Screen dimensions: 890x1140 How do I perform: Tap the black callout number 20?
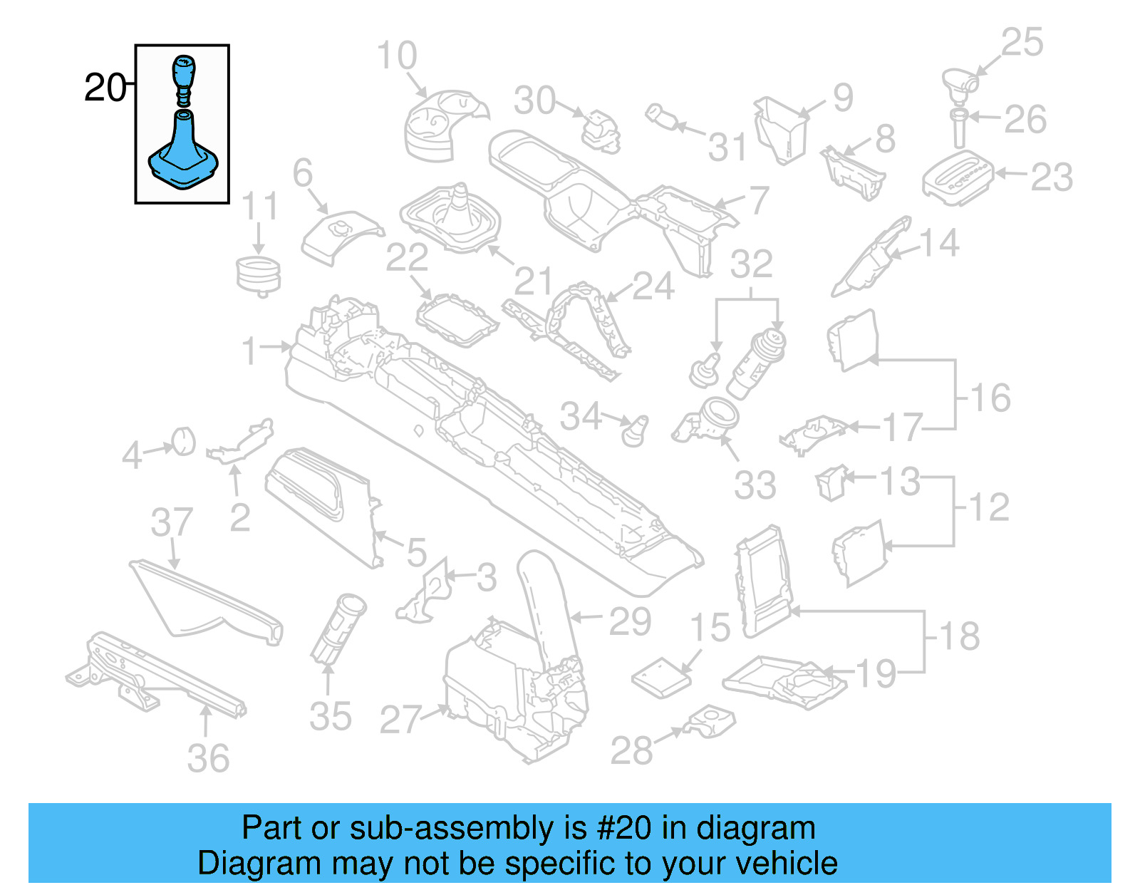pos(104,88)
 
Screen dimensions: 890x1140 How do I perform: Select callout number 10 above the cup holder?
pos(396,56)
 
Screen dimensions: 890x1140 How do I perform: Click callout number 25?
pos(1022,42)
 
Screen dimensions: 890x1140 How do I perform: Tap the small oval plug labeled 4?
pos(184,440)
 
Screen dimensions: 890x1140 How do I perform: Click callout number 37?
pos(172,522)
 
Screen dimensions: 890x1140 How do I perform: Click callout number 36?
pos(208,758)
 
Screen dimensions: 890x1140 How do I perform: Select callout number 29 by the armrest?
pos(630,621)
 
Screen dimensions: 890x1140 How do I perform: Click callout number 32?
pos(751,264)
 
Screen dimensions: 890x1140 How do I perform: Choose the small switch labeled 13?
pos(831,482)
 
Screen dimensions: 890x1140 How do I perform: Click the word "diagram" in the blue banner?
pos(755,828)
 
